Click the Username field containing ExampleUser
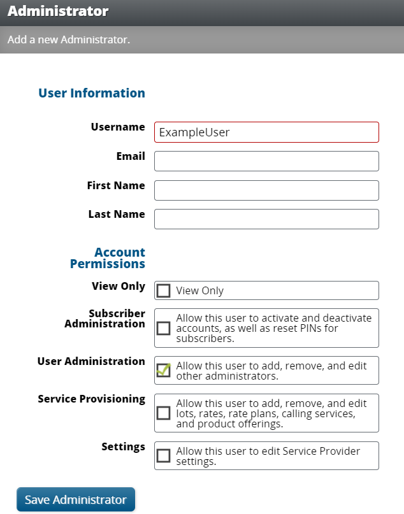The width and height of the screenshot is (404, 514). coord(266,132)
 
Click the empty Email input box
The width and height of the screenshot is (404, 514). coord(266,161)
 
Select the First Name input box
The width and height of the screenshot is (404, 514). coord(266,190)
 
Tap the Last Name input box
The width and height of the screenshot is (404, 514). coord(266,219)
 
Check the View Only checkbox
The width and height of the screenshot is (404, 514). coord(164,290)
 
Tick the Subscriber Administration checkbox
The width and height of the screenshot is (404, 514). coord(164,328)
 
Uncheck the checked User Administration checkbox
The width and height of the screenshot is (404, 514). coord(164,371)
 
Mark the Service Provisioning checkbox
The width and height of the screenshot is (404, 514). coord(164,413)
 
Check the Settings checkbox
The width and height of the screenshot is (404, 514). coord(164,455)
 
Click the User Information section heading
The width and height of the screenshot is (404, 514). coord(92,93)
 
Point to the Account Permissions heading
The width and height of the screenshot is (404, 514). coord(108,258)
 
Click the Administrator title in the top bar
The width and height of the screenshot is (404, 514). coord(58,11)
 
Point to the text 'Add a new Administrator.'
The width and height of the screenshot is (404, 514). coord(69,39)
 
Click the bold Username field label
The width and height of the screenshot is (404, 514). coord(118,127)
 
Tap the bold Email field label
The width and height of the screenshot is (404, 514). coord(131,156)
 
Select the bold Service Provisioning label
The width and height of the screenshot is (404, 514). coord(92,399)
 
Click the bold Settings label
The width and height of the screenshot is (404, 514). coord(124,446)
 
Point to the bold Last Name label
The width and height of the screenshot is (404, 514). coord(117,214)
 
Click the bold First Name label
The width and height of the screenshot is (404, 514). coord(116,185)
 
